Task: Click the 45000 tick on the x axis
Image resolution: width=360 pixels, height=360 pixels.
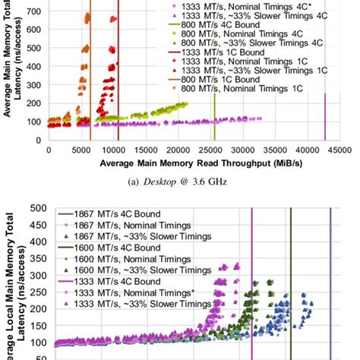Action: point(340,151)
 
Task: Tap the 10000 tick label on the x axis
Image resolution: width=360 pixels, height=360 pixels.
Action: point(113,151)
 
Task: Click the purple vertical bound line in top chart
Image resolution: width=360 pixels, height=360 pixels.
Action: point(325,99)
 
